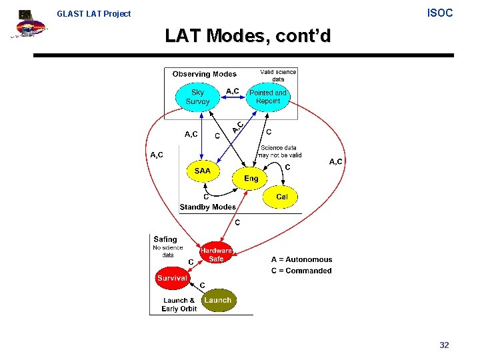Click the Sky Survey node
[197, 97]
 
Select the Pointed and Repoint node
[267, 97]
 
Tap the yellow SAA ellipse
[202, 171]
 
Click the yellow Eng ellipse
[251, 178]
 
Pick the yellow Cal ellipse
[281, 197]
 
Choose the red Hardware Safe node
[216, 254]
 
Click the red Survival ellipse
[172, 278]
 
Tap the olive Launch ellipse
[217, 300]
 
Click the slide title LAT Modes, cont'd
[247, 36]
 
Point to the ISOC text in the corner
[439, 13]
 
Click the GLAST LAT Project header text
[94, 13]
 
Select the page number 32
[444, 345]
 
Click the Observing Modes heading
[204, 74]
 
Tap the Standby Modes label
[207, 207]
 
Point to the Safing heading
[165, 239]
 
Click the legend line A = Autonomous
[301, 259]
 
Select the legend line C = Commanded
[301, 271]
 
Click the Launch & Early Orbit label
[179, 305]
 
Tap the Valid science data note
[278, 75]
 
